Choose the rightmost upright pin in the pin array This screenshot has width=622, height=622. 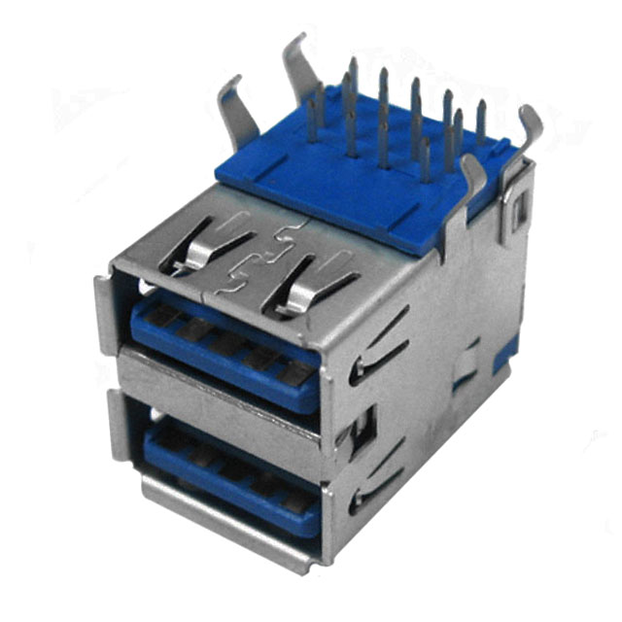[481, 121]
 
